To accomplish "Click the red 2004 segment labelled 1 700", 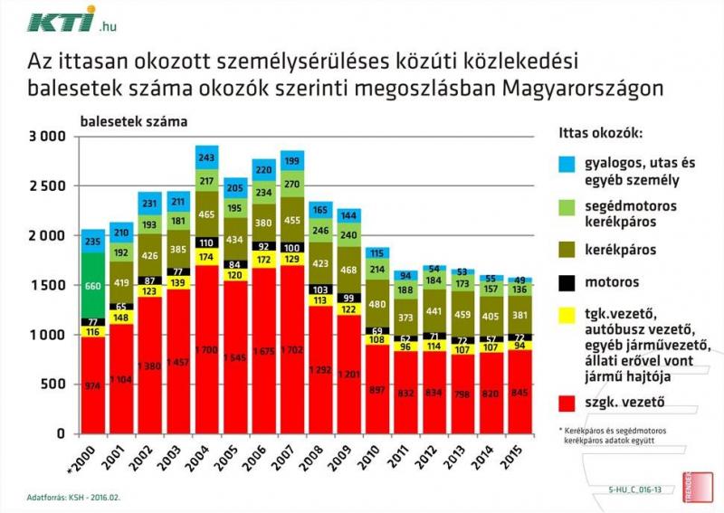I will pyautogui.click(x=206, y=348).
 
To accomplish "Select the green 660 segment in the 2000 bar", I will pyautogui.click(x=92, y=285).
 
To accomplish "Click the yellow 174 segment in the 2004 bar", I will pyautogui.click(x=206, y=257).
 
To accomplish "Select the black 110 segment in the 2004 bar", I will pyautogui.click(x=206, y=242).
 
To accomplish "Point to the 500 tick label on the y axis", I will pyautogui.click(x=53, y=384).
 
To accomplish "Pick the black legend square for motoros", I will pyautogui.click(x=567, y=281).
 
